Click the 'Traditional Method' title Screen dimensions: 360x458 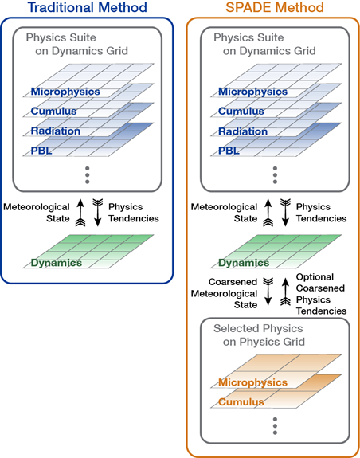pyautogui.click(x=88, y=7)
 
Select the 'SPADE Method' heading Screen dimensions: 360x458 pyautogui.click(x=275, y=7)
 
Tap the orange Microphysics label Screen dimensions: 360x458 pyautogui.click(x=252, y=382)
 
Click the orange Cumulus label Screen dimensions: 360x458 pyautogui.click(x=241, y=402)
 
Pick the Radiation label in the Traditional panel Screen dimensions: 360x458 pyautogui.click(x=56, y=131)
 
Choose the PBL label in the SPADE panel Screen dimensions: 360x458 pyautogui.click(x=229, y=151)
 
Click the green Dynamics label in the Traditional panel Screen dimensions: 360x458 pyautogui.click(x=57, y=263)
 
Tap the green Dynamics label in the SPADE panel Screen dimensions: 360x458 pyautogui.click(x=244, y=263)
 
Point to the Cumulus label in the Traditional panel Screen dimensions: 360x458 pyautogui.click(x=53, y=111)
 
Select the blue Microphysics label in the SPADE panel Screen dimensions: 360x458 pyautogui.click(x=252, y=92)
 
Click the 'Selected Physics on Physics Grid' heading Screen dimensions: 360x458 pyautogui.click(x=260, y=335)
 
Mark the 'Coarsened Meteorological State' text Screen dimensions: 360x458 pyautogui.click(x=225, y=293)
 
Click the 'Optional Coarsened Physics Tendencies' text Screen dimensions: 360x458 pyautogui.click(x=321, y=294)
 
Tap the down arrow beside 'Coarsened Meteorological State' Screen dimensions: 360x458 pyautogui.click(x=268, y=292)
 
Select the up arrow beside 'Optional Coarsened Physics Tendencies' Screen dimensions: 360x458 pyautogui.click(x=285, y=292)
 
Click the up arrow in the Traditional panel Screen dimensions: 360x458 pyautogui.click(x=80, y=213)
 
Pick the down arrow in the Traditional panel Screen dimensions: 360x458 pyautogui.click(x=98, y=213)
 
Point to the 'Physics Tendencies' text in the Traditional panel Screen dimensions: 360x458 pyautogui.click(x=134, y=213)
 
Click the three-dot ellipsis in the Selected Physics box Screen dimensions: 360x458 pyautogui.click(x=275, y=426)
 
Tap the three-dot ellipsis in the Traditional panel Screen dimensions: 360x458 pyautogui.click(x=88, y=175)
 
